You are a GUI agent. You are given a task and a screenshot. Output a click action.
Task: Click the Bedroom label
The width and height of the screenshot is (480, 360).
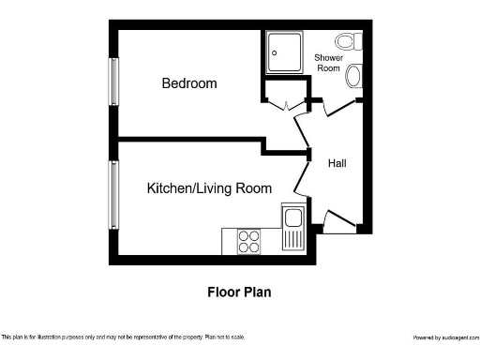pos(188,83)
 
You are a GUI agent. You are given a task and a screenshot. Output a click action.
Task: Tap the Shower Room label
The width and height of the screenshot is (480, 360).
pos(328,63)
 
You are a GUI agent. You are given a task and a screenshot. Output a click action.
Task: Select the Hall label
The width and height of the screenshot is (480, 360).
pos(337,163)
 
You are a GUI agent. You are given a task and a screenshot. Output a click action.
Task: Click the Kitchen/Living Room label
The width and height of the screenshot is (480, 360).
pos(209,188)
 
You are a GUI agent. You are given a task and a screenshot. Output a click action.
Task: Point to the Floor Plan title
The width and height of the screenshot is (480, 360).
pos(239,292)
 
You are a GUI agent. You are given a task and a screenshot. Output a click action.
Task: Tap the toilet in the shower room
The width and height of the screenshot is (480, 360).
pos(350,41)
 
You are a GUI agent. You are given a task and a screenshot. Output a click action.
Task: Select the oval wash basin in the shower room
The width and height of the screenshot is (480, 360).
pos(354,77)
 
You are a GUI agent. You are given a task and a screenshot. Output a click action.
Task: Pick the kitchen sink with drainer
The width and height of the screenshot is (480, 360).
pos(292,228)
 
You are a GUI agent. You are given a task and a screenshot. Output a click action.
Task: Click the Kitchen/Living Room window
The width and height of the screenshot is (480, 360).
pos(114,195)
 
